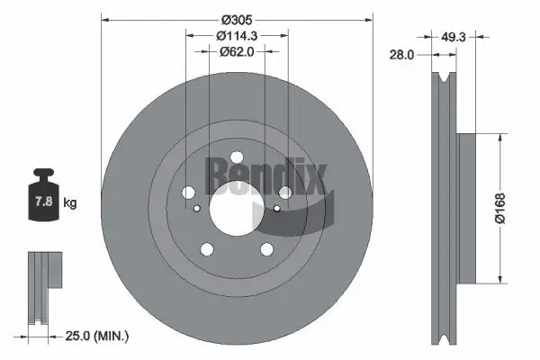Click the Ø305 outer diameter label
click(237, 17)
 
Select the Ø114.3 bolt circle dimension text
click(238, 35)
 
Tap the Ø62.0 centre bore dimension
click(238, 52)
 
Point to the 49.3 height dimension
click(454, 37)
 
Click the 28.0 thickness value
click(401, 54)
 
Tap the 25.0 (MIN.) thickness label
click(98, 337)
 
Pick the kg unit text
click(70, 203)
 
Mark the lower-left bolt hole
click(206, 249)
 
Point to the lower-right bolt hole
click(267, 249)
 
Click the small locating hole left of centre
click(196, 210)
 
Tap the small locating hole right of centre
click(277, 210)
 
